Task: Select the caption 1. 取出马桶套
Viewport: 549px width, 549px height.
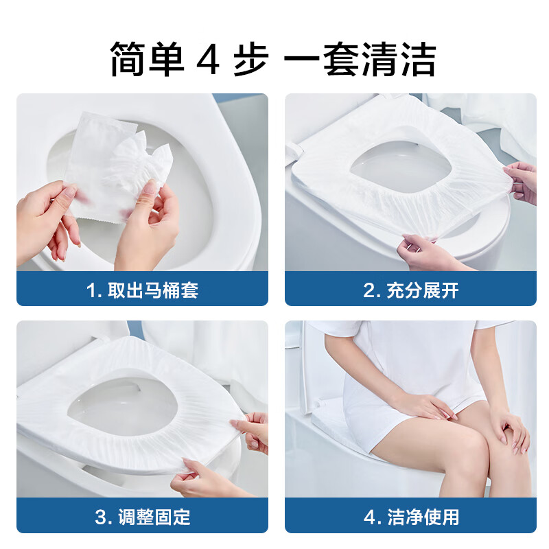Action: click(142, 290)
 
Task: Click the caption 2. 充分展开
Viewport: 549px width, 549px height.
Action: click(410, 290)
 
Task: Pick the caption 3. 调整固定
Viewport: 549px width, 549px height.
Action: click(142, 516)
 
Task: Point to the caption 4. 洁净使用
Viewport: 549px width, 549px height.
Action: click(410, 516)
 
